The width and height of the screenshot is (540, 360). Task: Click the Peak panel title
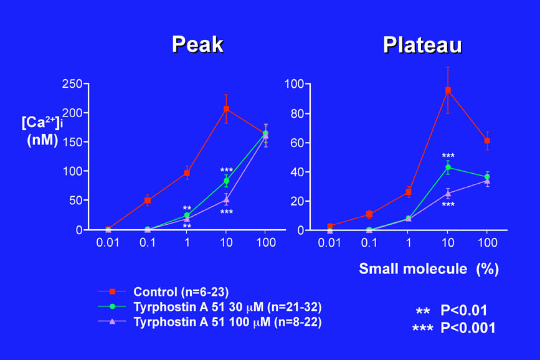pos(197,44)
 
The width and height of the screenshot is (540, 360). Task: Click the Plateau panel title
pos(422,44)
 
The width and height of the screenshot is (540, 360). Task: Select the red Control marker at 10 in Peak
pos(226,109)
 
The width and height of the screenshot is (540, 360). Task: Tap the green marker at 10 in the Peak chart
pos(226,181)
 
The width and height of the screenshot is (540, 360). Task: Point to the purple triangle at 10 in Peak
pos(226,200)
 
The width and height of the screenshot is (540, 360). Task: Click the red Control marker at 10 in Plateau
pos(448,90)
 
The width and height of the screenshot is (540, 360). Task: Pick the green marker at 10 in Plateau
pos(448,167)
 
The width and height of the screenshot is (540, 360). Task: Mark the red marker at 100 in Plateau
pos(487,141)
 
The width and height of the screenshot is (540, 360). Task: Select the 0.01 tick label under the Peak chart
pos(108,242)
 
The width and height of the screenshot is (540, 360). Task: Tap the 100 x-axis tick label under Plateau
pos(487,242)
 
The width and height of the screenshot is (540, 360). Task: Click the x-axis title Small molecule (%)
pos(429,269)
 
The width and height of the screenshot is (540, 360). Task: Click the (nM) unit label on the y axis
pos(42,140)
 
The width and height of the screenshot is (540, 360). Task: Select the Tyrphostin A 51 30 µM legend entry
pos(227,306)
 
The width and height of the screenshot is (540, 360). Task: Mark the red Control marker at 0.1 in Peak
pos(148,201)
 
